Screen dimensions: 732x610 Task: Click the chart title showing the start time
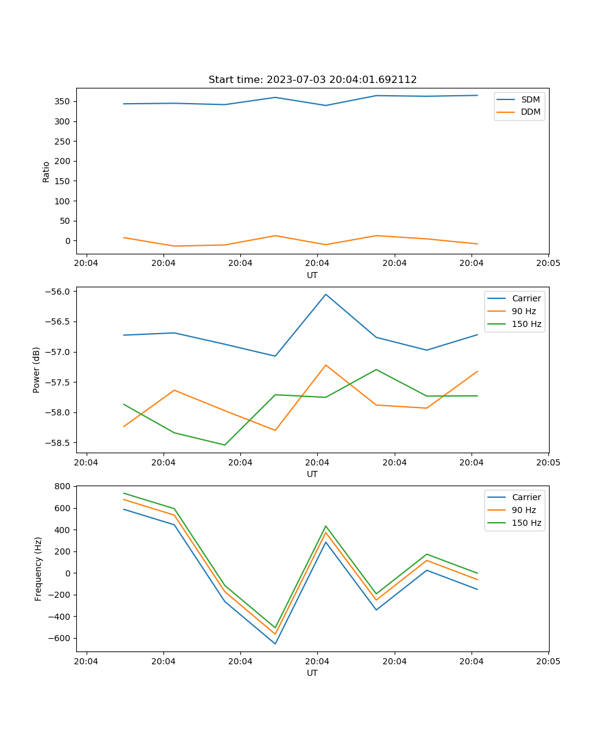(x=312, y=80)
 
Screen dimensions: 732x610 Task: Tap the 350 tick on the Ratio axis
(x=63, y=101)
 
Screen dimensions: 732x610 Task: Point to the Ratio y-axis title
(x=46, y=171)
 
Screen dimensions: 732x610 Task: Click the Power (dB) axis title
(x=37, y=370)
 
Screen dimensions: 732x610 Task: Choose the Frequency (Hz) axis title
(x=38, y=569)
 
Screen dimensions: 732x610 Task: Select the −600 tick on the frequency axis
(x=61, y=639)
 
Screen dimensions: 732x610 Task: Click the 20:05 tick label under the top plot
(x=548, y=264)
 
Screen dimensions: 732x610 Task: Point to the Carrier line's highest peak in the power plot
(x=326, y=295)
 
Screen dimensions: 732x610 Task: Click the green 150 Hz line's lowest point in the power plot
(x=224, y=445)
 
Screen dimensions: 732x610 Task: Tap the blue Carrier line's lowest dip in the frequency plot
(x=275, y=644)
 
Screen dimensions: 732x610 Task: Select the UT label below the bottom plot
(x=312, y=673)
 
